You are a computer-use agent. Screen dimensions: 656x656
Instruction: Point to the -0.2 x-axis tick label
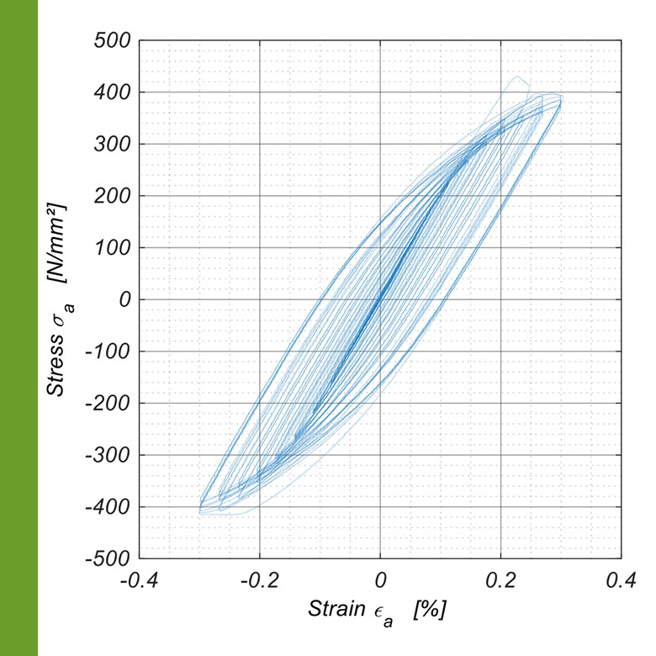259,580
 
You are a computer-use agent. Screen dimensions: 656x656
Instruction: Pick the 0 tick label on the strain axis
380,580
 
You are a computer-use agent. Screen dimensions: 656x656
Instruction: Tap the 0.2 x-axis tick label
501,580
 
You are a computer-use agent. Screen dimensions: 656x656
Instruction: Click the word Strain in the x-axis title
337,607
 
